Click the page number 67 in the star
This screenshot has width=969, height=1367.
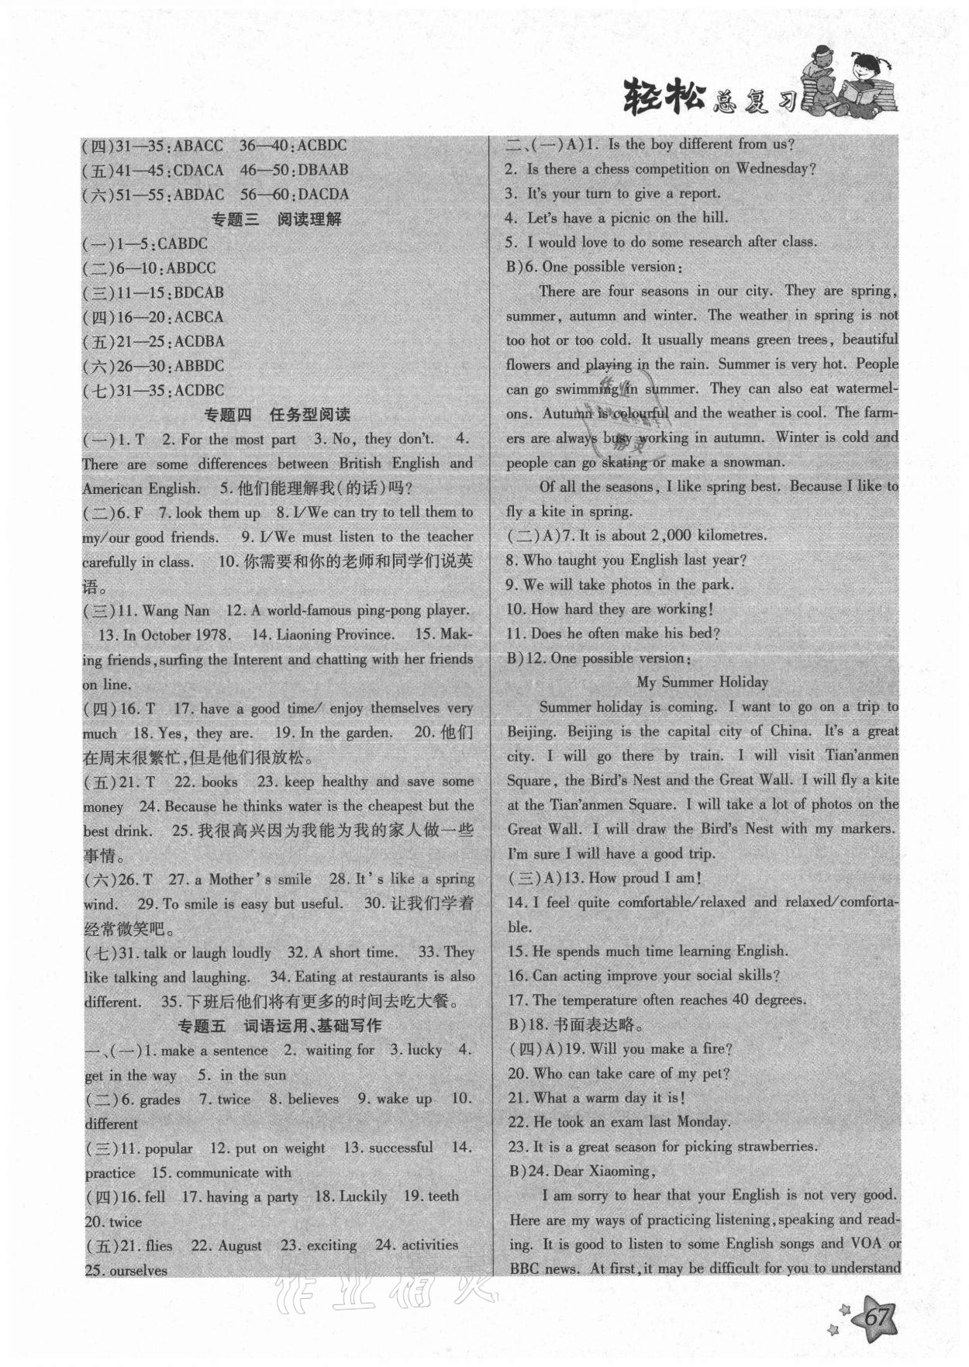[877, 1316]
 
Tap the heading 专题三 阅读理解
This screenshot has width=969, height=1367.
[277, 219]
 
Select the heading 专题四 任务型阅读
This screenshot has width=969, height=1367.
[277, 415]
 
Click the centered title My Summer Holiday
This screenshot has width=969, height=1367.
[702, 682]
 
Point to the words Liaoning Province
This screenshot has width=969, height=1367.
[334, 635]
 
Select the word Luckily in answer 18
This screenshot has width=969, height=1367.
[361, 1196]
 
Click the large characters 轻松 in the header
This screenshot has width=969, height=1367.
[664, 98]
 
